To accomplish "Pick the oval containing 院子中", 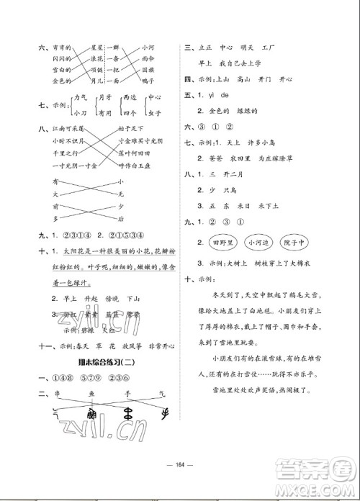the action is point(297,243).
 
